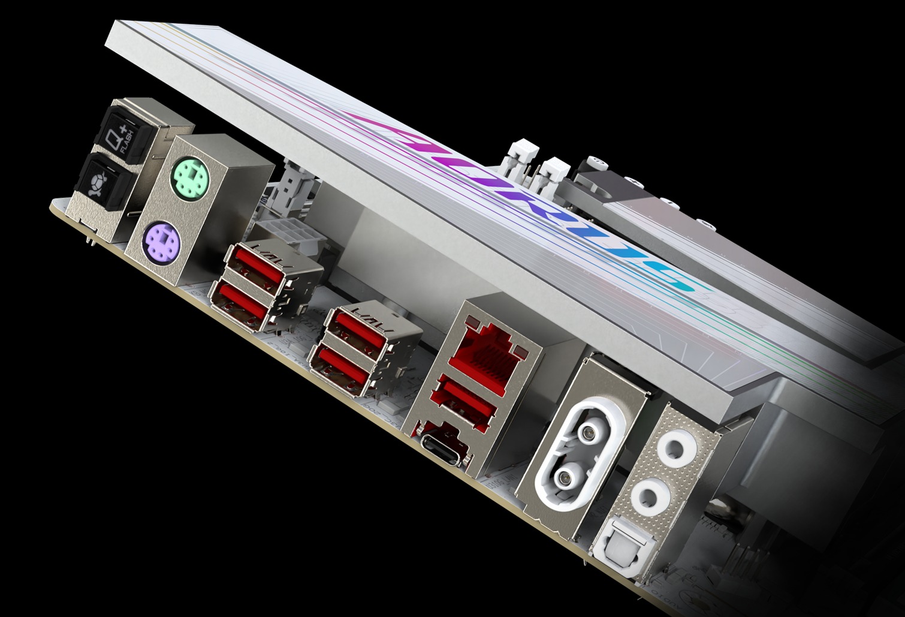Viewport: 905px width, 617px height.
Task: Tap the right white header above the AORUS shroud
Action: (x=554, y=171)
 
